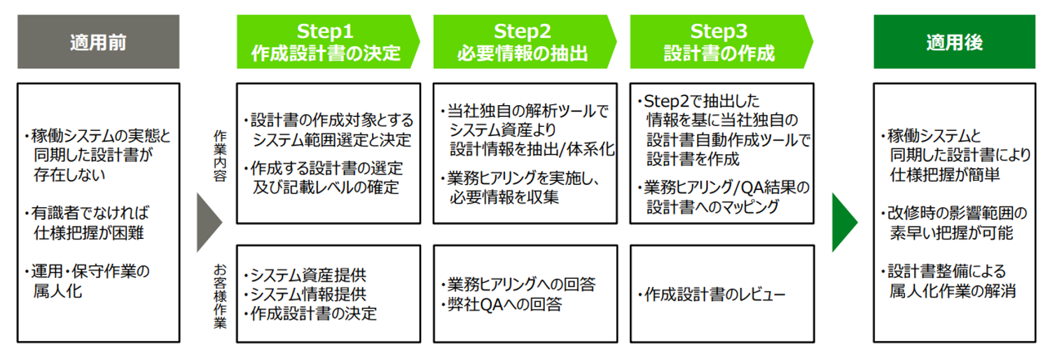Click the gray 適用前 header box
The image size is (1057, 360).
(x=98, y=42)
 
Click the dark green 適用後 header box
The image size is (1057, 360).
(x=954, y=42)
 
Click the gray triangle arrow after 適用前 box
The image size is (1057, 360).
(x=208, y=223)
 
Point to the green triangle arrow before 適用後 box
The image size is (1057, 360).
(x=843, y=223)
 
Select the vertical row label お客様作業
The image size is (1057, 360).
(x=220, y=294)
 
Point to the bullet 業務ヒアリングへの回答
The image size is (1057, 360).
(x=518, y=284)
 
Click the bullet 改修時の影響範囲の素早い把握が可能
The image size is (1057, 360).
(x=953, y=223)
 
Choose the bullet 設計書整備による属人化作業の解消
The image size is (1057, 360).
(x=953, y=281)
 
